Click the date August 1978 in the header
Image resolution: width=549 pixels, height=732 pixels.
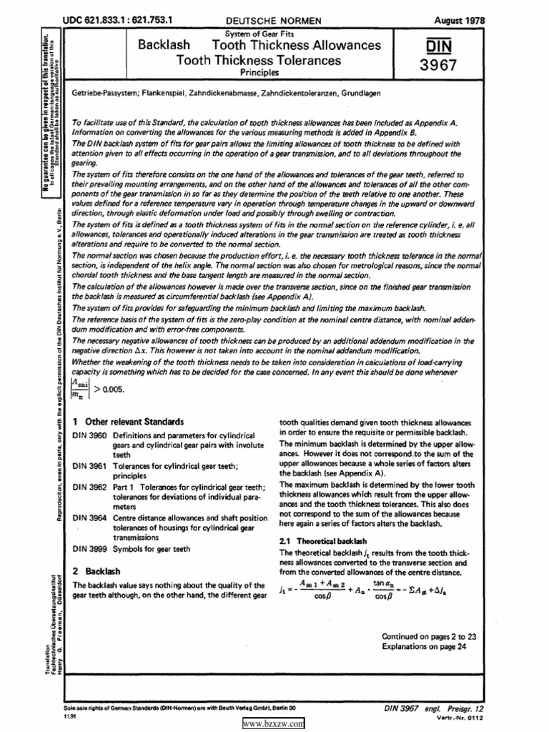460,21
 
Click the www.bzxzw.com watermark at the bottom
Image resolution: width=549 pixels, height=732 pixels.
274,723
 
